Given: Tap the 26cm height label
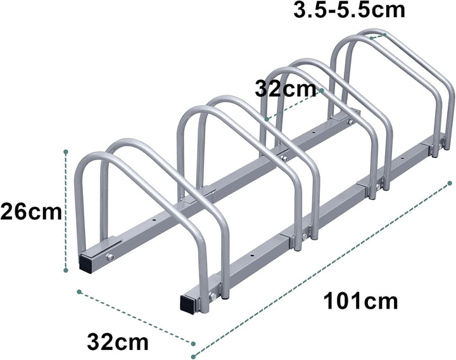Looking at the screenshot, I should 31,211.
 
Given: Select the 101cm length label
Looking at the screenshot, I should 360,299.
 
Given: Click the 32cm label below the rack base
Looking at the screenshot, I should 118,343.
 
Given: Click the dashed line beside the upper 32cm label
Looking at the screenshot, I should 294,104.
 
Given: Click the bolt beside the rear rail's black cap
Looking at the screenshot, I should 110,257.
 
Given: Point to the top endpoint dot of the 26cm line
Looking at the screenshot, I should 66,152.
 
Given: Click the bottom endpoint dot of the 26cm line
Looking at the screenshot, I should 66,271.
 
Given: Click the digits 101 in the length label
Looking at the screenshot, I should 343,299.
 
